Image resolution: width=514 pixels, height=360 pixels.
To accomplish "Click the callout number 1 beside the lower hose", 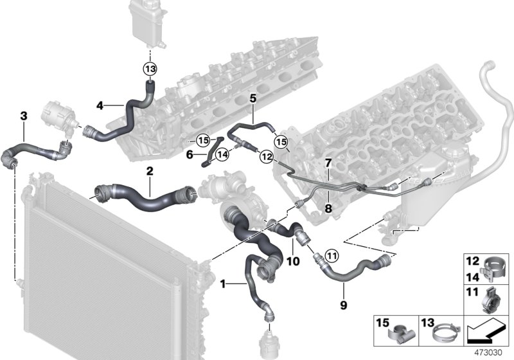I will [x=223, y=283].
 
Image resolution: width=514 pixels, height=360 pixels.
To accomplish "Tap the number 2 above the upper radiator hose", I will [x=149, y=172].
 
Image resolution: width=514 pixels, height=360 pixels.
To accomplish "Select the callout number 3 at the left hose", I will [x=24, y=116].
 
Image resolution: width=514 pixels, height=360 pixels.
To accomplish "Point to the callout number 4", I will [x=100, y=105].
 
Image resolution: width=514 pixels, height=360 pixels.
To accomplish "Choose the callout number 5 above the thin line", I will [x=253, y=98].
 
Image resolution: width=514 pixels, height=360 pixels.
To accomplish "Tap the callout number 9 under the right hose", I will [x=343, y=305].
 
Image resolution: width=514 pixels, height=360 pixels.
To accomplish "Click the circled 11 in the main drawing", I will [x=331, y=256].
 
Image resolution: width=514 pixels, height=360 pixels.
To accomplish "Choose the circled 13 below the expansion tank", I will [x=150, y=69].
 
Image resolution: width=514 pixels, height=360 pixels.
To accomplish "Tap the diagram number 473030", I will [x=490, y=353].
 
